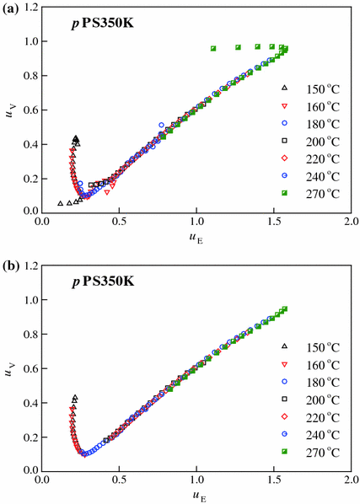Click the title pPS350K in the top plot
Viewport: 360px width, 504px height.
click(101, 23)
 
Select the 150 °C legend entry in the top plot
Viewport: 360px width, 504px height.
click(312, 88)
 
